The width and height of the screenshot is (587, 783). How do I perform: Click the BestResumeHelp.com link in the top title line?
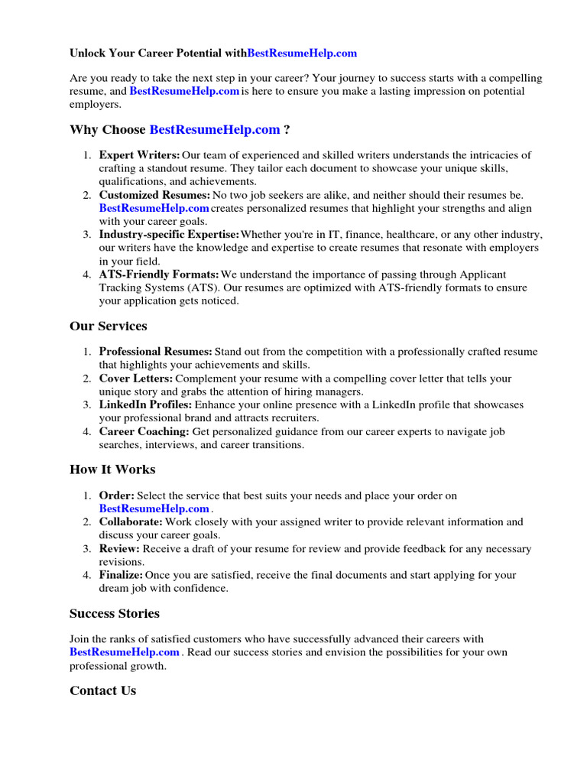[x=302, y=54]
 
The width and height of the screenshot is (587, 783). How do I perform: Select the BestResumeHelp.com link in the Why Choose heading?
[x=215, y=129]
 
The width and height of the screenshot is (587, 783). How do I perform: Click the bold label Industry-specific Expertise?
[x=169, y=235]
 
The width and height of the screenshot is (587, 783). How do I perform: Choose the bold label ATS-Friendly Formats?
[x=159, y=275]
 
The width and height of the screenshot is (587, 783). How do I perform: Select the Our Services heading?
[x=109, y=327]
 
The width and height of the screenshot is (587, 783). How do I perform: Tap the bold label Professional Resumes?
[x=156, y=352]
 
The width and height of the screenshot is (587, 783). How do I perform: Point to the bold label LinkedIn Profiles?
[x=145, y=404]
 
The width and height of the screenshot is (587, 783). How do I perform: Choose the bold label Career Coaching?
[x=144, y=431]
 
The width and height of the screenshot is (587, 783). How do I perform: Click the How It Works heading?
[x=112, y=469]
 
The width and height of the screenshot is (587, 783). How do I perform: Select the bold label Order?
[x=117, y=495]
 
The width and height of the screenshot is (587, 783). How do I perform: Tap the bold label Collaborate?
[x=131, y=522]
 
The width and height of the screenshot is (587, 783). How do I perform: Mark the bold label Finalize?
[x=121, y=575]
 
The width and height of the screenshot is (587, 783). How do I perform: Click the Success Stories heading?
[x=115, y=614]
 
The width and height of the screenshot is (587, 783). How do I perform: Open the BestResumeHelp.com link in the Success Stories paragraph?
[x=125, y=652]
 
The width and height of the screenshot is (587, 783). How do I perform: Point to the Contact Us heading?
[x=102, y=690]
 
